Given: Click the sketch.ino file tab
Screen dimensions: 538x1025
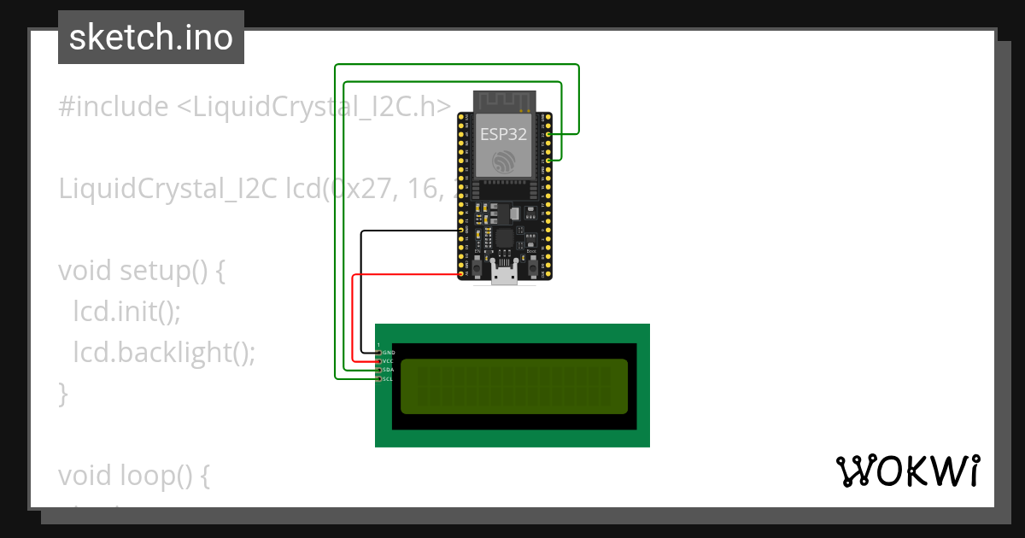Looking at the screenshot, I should click(151, 38).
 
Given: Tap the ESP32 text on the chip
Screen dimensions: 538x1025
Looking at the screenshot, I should click(504, 133).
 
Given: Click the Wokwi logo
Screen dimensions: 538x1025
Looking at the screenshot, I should click(907, 471).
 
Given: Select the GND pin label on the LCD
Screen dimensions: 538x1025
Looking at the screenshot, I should click(389, 352).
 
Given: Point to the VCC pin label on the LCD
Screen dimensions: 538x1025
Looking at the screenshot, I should click(388, 361).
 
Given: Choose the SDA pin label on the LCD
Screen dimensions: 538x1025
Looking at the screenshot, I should click(388, 370).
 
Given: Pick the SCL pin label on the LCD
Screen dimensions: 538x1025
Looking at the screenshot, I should click(388, 379).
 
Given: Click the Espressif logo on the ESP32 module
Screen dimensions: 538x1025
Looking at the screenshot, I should click(505, 161).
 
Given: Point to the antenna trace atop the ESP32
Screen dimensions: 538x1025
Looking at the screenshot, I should click(505, 100).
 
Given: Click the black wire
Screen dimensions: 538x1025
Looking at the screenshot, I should click(361, 290).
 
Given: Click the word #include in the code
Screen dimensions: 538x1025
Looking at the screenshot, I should click(114, 107).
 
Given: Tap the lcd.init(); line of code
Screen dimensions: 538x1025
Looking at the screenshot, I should click(126, 312).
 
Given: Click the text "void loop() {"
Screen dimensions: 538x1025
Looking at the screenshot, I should click(133, 475).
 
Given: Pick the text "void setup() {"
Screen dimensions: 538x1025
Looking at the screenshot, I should click(141, 271).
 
